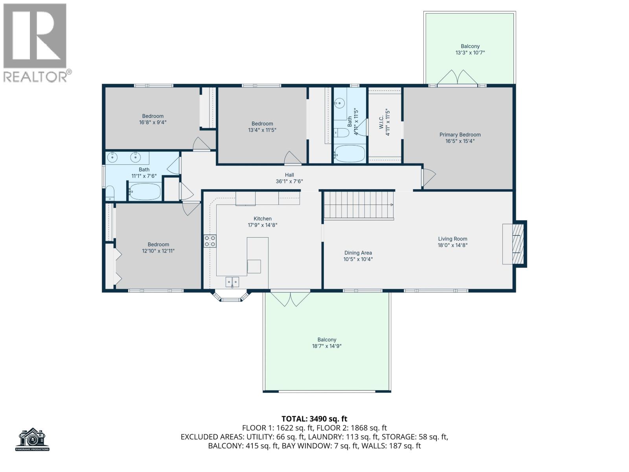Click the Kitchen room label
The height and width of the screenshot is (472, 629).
[262, 219]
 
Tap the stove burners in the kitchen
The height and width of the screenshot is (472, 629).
[210, 241]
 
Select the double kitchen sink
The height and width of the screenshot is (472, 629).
[232, 282]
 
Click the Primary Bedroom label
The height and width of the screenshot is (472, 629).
[460, 135]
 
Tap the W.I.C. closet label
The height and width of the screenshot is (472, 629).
[381, 122]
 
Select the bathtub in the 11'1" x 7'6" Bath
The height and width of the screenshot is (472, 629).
[144, 192]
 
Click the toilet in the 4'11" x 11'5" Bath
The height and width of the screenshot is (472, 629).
[342, 133]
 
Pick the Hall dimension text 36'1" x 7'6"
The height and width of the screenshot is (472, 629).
[289, 181]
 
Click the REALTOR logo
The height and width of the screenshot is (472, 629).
[35, 43]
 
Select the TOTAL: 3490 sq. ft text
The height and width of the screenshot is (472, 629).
[314, 419]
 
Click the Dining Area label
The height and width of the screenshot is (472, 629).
[358, 253]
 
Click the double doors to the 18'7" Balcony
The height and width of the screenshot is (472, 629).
[290, 299]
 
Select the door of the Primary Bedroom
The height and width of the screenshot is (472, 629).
[429, 177]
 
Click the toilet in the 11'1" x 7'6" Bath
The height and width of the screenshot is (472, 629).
[110, 193]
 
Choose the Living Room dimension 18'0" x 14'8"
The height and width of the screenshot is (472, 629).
[452, 245]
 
